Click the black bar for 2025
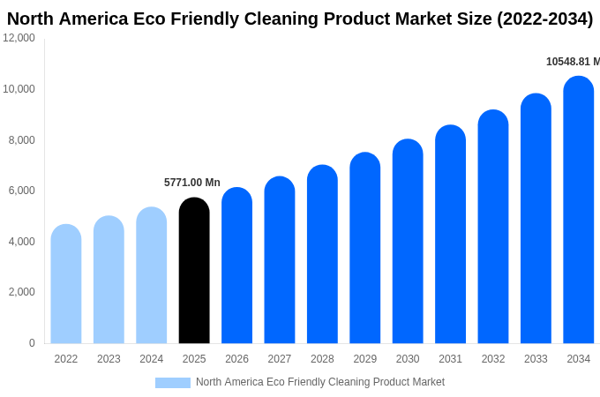194,271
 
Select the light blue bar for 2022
66,284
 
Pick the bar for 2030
408,242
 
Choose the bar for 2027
280,260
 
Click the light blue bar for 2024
152,275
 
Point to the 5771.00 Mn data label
192,183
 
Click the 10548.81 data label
572,62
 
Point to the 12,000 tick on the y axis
19,38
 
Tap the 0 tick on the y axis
32,343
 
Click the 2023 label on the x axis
109,359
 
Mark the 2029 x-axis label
365,359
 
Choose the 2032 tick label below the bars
493,359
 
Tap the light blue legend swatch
173,383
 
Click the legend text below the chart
320,382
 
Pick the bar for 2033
536,219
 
